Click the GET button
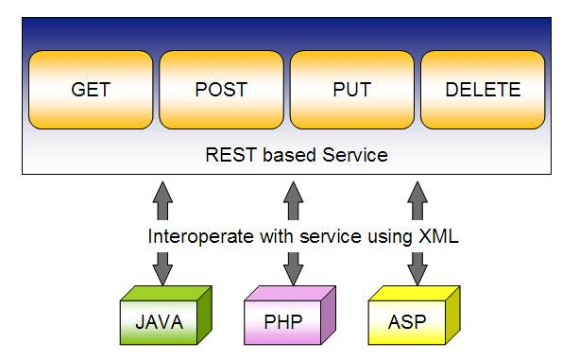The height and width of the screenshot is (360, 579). coord(91,91)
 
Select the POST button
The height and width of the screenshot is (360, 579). coord(220,91)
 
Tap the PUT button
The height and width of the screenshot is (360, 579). coord(351,91)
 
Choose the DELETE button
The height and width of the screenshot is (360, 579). coord(482,91)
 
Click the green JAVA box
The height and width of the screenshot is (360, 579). coord(160,322)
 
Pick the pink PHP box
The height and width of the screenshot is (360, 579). coord(283,322)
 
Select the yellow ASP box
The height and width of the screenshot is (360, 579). coord(406,322)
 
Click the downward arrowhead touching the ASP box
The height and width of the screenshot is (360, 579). coord(416,274)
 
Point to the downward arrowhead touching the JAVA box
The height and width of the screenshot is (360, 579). coord(163,274)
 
